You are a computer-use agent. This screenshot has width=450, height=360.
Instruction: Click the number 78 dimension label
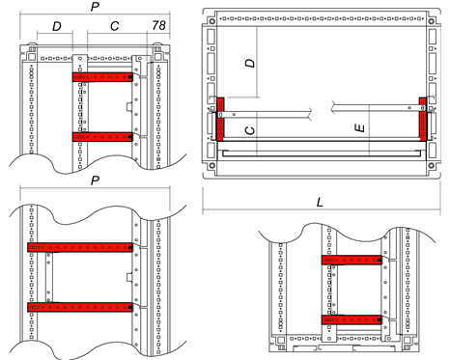tap(159, 25)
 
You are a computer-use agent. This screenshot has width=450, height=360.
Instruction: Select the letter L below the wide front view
tap(320, 203)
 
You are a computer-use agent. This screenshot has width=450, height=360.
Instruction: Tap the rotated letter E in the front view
tap(359, 128)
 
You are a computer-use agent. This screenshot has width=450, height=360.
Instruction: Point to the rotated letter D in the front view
tap(250, 63)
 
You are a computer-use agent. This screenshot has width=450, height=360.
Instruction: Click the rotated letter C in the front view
tap(250, 130)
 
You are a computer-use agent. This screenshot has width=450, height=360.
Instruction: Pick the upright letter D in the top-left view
tap(57, 26)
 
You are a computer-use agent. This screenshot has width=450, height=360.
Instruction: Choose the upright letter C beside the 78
tap(115, 26)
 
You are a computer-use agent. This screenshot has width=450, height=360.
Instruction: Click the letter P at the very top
tap(95, 7)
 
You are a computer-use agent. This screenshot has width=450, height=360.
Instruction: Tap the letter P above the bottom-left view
tap(95, 180)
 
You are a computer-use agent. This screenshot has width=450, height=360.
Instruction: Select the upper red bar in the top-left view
tap(102, 77)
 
